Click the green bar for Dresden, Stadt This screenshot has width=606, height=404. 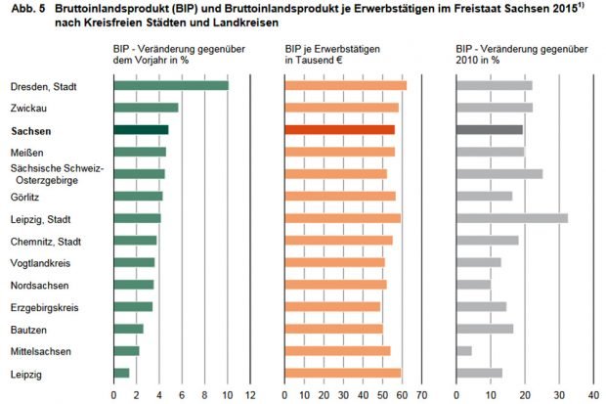click(171, 85)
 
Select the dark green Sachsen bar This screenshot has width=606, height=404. click(141, 129)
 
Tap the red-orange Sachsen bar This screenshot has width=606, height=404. click(339, 129)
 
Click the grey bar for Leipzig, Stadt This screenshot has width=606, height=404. click(512, 218)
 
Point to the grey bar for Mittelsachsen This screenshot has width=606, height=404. click(464, 350)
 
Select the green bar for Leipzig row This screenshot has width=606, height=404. click(121, 373)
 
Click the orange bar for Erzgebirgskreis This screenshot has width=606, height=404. click(331, 306)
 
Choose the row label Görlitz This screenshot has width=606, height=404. click(26, 196)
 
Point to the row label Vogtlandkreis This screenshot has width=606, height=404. click(40, 262)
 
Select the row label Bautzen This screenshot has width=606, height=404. click(28, 329)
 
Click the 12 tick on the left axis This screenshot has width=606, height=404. click(250, 394)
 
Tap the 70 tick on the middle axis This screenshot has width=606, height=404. click(421, 394)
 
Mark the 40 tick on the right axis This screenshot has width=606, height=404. click(594, 394)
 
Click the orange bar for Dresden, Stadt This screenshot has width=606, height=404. click(345, 85)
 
